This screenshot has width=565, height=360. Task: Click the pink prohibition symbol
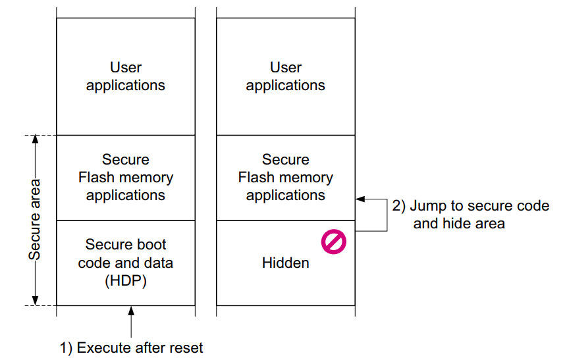(333, 242)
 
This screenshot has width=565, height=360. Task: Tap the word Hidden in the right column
(285, 263)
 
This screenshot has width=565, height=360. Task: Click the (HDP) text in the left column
(125, 280)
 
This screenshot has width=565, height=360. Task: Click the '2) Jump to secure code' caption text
(470, 206)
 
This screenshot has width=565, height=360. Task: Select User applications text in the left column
(125, 76)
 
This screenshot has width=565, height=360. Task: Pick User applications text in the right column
(285, 76)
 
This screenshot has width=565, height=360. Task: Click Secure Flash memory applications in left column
(125, 178)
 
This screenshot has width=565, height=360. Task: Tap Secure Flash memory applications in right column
(285, 178)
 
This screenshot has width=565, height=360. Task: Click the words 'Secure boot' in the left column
(125, 245)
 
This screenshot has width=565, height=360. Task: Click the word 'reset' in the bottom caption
(186, 347)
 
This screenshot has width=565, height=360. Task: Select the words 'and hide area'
(459, 224)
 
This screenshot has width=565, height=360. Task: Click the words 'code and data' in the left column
(125, 263)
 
